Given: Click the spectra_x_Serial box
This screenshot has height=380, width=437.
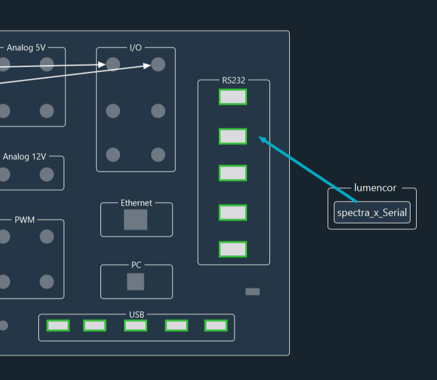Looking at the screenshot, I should [372, 213].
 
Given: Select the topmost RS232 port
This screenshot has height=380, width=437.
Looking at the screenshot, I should [233, 97].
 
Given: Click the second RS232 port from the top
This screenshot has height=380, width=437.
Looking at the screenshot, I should [233, 136].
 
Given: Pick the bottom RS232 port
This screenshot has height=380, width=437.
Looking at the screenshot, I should [233, 249].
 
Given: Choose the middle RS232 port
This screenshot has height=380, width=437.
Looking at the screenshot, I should [233, 173].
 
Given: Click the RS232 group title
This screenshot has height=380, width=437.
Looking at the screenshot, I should [233, 80].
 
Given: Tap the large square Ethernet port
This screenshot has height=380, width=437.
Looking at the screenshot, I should [135, 220].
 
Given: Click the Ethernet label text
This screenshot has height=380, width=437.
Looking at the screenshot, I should [136, 203].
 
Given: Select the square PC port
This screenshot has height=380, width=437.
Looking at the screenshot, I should [135, 282].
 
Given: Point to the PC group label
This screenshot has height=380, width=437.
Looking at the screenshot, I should [136, 265].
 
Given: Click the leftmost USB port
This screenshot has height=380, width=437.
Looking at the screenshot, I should [58, 325].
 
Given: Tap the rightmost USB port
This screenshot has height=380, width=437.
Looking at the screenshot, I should [216, 325].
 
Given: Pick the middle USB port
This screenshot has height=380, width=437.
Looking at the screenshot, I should [136, 325].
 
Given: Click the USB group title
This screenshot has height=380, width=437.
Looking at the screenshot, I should [136, 314].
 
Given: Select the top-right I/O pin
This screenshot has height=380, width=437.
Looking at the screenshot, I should [158, 64].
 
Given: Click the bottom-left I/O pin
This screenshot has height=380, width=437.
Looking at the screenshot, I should [113, 155].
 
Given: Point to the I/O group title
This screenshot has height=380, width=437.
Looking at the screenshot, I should [136, 47].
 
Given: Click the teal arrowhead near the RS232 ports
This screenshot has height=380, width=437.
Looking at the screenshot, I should [263, 139].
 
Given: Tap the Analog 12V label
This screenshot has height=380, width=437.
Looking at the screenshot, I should [25, 156].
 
